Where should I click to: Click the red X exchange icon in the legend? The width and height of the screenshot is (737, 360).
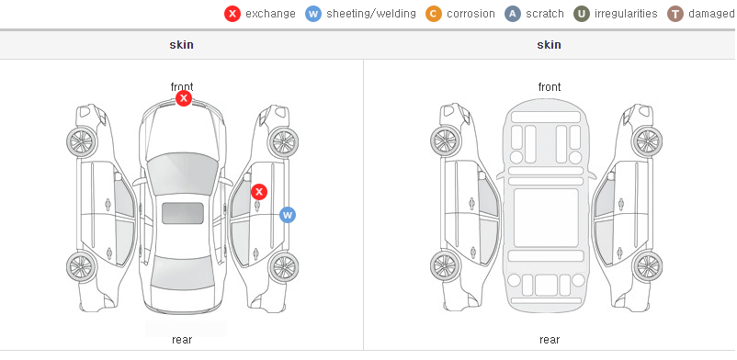point(232,14)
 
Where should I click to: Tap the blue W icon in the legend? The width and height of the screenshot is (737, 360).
point(313,14)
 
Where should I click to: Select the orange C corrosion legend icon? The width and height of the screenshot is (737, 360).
point(434,14)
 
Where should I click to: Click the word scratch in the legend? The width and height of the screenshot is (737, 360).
point(545,14)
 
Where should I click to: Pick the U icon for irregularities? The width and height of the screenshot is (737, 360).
point(582,14)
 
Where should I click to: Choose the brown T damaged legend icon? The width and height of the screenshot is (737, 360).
point(675,14)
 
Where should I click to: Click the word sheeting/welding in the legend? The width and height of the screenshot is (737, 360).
point(371,14)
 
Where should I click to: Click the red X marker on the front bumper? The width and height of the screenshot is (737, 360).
point(184,98)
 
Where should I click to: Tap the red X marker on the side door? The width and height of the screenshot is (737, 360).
point(259,192)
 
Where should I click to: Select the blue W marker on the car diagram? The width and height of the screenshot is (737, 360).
point(288,215)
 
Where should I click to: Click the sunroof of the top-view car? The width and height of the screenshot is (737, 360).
point(183,213)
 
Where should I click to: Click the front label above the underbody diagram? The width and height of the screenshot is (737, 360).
point(550,87)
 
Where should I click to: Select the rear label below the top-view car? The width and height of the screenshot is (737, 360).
point(182,340)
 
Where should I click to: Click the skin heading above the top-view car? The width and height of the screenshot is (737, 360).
point(181,45)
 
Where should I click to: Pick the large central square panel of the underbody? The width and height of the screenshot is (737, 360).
point(546,218)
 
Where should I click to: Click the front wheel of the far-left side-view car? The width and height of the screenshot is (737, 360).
point(81,141)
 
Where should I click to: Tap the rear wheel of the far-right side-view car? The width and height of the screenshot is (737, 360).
point(647,267)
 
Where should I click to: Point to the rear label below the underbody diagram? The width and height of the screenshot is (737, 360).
point(550,340)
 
